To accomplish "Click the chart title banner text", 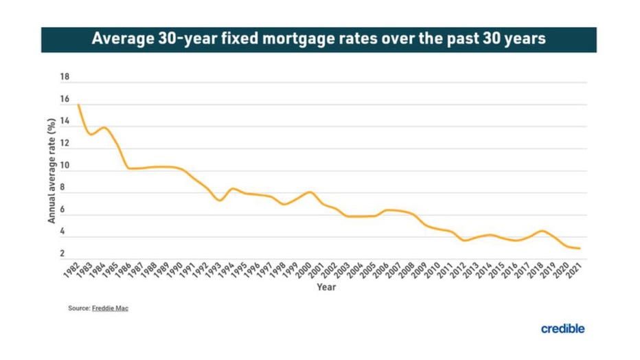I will [319, 39].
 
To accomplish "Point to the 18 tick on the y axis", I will [65, 78].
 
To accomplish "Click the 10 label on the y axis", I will [65, 166].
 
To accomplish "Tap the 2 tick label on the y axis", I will [62, 254].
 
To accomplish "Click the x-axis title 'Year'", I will [325, 287].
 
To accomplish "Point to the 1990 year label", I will [176, 270].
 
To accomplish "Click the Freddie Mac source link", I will [110, 308].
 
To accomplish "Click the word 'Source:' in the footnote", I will [79, 308].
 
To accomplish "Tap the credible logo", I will [562, 328].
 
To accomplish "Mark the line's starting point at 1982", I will [79, 104].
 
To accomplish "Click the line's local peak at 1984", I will [104, 128].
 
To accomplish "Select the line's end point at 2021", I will [580, 248].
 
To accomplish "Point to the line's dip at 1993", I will [219, 200].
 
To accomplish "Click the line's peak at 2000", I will [310, 192].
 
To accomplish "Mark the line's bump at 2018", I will [542, 231].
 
